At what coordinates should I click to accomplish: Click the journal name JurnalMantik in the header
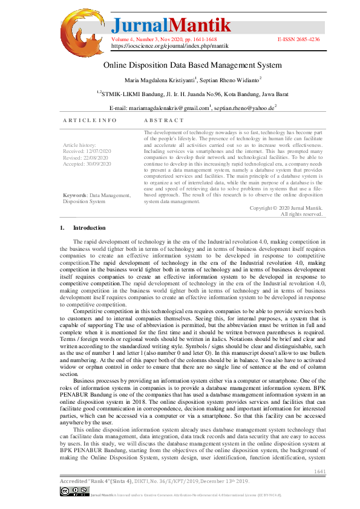pos(171,25)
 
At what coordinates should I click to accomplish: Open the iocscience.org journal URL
pos(170,45)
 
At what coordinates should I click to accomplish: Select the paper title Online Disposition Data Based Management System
pos(192,65)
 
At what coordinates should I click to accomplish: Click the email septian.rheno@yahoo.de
pos(245,108)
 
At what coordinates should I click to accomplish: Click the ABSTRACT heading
pos(163,120)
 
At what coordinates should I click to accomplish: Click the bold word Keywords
pos(75,195)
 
